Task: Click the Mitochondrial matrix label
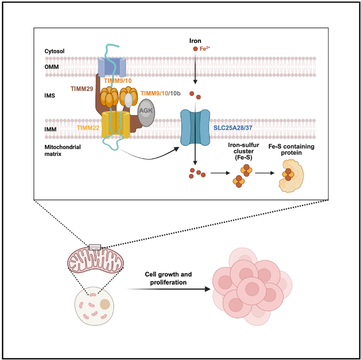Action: click(61, 150)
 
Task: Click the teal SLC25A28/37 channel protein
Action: click(195, 128)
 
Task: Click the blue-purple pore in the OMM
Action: click(112, 67)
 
